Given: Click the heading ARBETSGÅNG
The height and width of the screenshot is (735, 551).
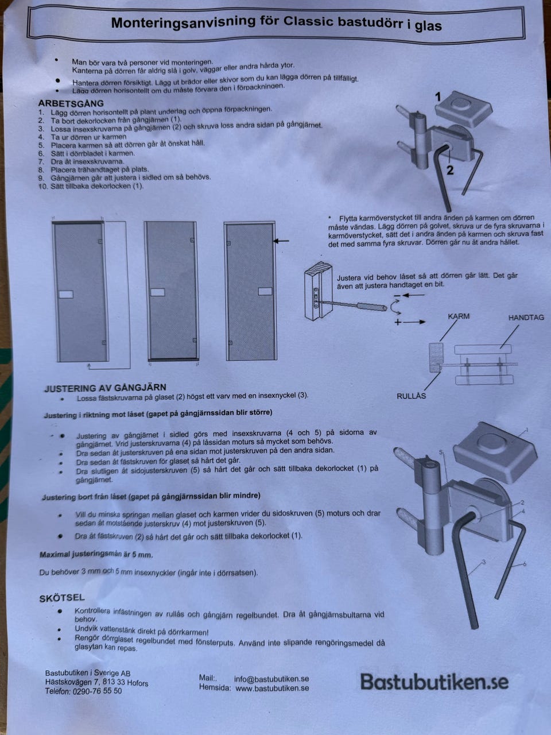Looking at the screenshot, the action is click(71, 103).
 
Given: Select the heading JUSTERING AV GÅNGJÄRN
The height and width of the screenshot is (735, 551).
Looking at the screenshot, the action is click(105, 388).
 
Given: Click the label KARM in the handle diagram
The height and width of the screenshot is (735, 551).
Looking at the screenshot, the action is click(459, 316).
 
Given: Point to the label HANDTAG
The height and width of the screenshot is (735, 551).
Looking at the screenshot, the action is click(526, 318).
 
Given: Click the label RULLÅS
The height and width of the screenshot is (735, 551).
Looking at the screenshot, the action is click(411, 396).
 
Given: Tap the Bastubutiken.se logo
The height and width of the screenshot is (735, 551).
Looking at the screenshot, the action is click(434, 682).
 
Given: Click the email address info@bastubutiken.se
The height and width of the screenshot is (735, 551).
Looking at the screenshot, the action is click(271, 679).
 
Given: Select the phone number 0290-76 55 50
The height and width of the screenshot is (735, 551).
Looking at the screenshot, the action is click(97, 691).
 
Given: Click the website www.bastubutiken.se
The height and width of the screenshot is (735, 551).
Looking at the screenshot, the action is click(272, 688).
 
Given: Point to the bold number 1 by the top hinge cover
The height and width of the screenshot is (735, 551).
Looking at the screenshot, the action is click(438, 97).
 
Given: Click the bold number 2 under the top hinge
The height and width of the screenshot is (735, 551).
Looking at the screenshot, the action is click(451, 171).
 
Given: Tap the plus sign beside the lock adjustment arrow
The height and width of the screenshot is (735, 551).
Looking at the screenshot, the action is click(398, 322).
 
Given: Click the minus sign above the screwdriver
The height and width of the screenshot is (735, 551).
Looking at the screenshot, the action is click(397, 296).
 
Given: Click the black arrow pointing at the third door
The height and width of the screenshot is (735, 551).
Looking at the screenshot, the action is click(281, 241).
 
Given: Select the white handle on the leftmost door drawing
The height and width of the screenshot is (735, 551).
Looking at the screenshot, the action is click(66, 295).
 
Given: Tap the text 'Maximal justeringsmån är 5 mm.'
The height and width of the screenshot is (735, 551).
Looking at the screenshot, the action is click(96, 554).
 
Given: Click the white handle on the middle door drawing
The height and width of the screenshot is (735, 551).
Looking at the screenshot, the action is click(158, 292).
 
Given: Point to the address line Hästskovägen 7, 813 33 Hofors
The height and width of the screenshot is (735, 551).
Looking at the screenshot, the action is click(96, 682).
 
